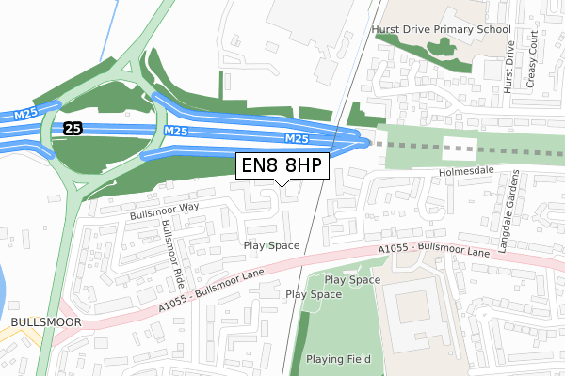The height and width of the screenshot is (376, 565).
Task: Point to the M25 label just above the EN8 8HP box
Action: click(x=297, y=139)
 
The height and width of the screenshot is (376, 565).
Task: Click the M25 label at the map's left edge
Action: click(x=25, y=115)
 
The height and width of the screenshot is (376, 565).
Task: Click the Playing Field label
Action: click(x=344, y=360)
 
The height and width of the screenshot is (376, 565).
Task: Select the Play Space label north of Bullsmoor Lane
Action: click(x=271, y=245)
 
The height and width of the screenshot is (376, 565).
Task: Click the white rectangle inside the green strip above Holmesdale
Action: click(x=459, y=148)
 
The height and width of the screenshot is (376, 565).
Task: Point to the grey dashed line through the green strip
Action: click(x=414, y=147)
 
